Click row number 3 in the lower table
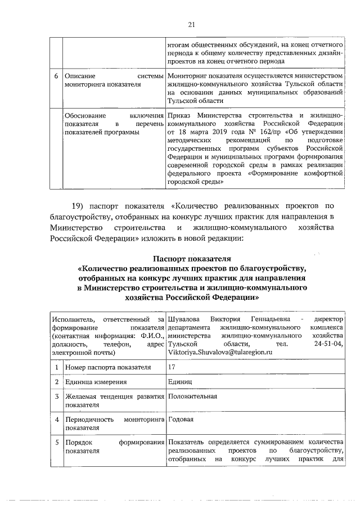(x=55, y=397)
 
